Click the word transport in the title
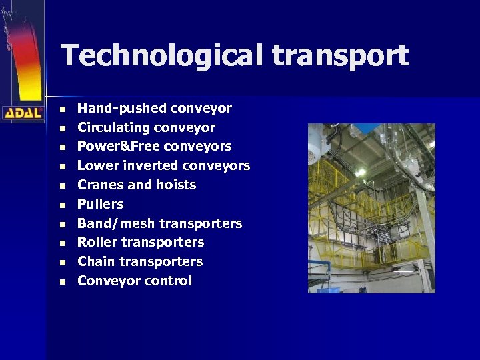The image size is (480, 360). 340,56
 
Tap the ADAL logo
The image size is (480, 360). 23,113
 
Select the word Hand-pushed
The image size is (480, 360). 122,108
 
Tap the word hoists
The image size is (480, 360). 175,185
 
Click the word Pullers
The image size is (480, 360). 101,204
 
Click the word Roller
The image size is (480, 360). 97,242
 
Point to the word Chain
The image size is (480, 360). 96,261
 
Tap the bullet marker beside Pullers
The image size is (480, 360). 62,205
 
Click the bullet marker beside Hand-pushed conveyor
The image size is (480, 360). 62,109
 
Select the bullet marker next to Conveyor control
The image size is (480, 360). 62,281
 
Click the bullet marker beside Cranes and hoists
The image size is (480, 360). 62,185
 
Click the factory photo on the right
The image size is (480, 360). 371,208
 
